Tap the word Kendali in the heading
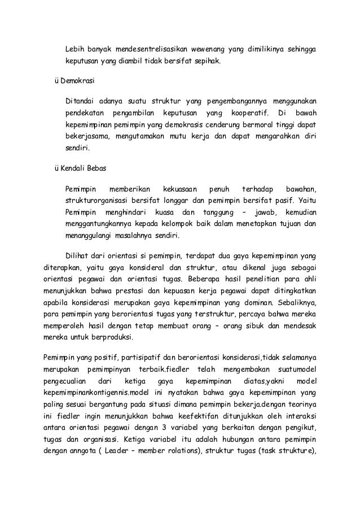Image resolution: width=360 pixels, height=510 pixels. pos(73,170)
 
